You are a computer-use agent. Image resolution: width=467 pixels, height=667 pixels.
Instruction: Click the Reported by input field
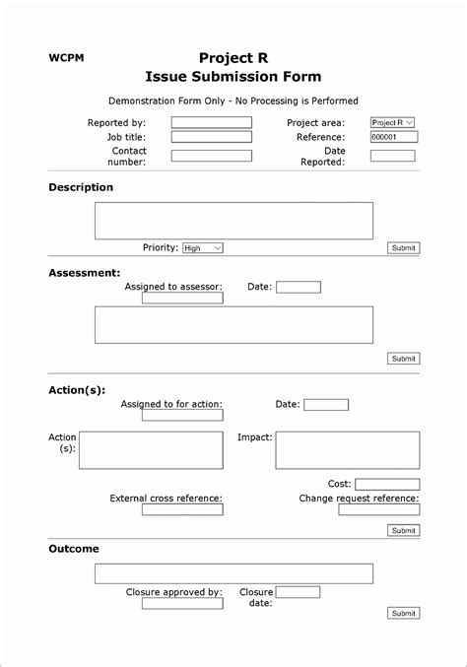tap(211, 123)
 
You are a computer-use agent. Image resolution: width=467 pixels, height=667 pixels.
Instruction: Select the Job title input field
tap(211, 137)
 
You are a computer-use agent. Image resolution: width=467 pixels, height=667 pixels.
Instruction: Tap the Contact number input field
tap(211, 156)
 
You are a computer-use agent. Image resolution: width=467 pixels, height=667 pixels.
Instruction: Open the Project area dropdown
tap(392, 123)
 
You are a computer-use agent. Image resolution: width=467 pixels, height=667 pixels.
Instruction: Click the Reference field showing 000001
tap(392, 137)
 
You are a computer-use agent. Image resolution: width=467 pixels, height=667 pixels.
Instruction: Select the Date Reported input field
tap(392, 156)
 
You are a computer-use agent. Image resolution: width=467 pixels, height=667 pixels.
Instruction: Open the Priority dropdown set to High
tap(203, 248)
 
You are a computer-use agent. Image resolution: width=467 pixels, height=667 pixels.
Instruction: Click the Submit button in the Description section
tap(403, 248)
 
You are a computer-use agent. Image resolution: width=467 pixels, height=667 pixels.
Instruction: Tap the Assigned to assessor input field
tap(182, 298)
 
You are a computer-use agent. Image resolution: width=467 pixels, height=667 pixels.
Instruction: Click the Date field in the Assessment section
tap(298, 288)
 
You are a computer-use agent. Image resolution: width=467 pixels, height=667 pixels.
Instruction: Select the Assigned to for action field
tap(182, 415)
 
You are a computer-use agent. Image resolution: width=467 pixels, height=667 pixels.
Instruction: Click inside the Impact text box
tap(347, 450)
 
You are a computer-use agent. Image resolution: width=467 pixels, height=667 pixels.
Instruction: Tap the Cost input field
tap(386, 485)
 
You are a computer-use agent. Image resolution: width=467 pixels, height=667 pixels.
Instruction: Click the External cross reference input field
tap(182, 509)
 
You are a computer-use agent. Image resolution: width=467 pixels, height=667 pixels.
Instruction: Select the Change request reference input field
tap(378, 509)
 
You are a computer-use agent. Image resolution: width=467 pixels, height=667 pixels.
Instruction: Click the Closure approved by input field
tap(182, 603)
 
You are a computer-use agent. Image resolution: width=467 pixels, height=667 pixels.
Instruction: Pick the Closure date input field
tap(298, 592)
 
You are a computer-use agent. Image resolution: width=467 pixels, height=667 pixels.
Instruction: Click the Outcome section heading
tap(74, 549)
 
